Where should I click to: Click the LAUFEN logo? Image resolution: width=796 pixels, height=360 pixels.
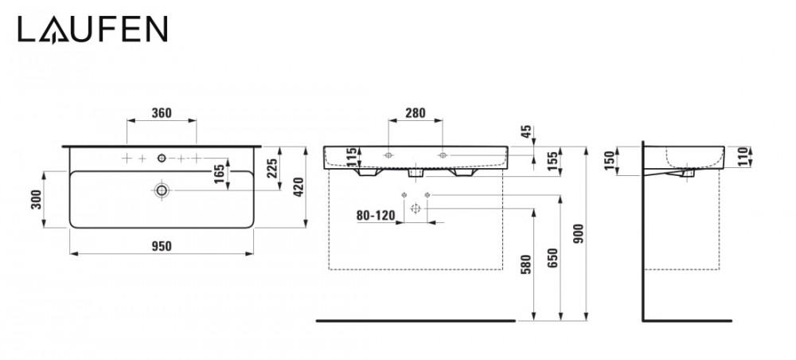click(x=93, y=29)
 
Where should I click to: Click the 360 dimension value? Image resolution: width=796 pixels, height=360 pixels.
click(x=162, y=113)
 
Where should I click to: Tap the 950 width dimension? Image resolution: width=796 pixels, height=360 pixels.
click(x=162, y=246)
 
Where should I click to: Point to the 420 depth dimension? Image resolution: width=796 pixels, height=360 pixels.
click(x=298, y=187)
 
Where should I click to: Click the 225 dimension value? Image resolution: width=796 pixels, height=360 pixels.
click(x=272, y=168)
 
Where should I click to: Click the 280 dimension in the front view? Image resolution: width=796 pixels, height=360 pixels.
click(x=416, y=113)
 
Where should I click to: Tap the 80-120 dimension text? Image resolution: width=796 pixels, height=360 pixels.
click(x=376, y=216)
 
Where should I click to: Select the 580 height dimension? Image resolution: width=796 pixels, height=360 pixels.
click(x=526, y=264)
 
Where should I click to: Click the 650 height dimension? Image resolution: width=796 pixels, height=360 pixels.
click(x=553, y=258)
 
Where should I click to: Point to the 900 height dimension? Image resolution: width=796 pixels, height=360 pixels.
click(x=579, y=233)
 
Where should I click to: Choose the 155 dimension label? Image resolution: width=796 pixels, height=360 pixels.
click(x=554, y=161)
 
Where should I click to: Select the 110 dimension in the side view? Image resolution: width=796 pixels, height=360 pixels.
click(x=743, y=157)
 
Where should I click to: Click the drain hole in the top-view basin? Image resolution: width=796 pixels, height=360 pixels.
click(x=162, y=190)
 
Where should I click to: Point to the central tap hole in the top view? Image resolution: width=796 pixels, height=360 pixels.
click(x=162, y=158)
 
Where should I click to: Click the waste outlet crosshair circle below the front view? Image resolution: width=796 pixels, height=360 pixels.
click(x=416, y=208)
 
